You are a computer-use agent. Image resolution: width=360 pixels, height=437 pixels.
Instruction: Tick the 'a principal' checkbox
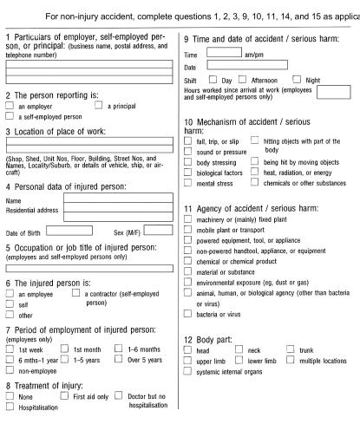[x=98, y=106]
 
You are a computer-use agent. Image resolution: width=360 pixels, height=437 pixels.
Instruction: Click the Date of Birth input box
[x=69, y=231]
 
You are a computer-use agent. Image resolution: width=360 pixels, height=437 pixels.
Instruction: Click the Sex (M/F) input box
[x=159, y=231]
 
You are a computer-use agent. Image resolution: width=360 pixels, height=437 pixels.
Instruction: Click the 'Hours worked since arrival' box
[x=333, y=92]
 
